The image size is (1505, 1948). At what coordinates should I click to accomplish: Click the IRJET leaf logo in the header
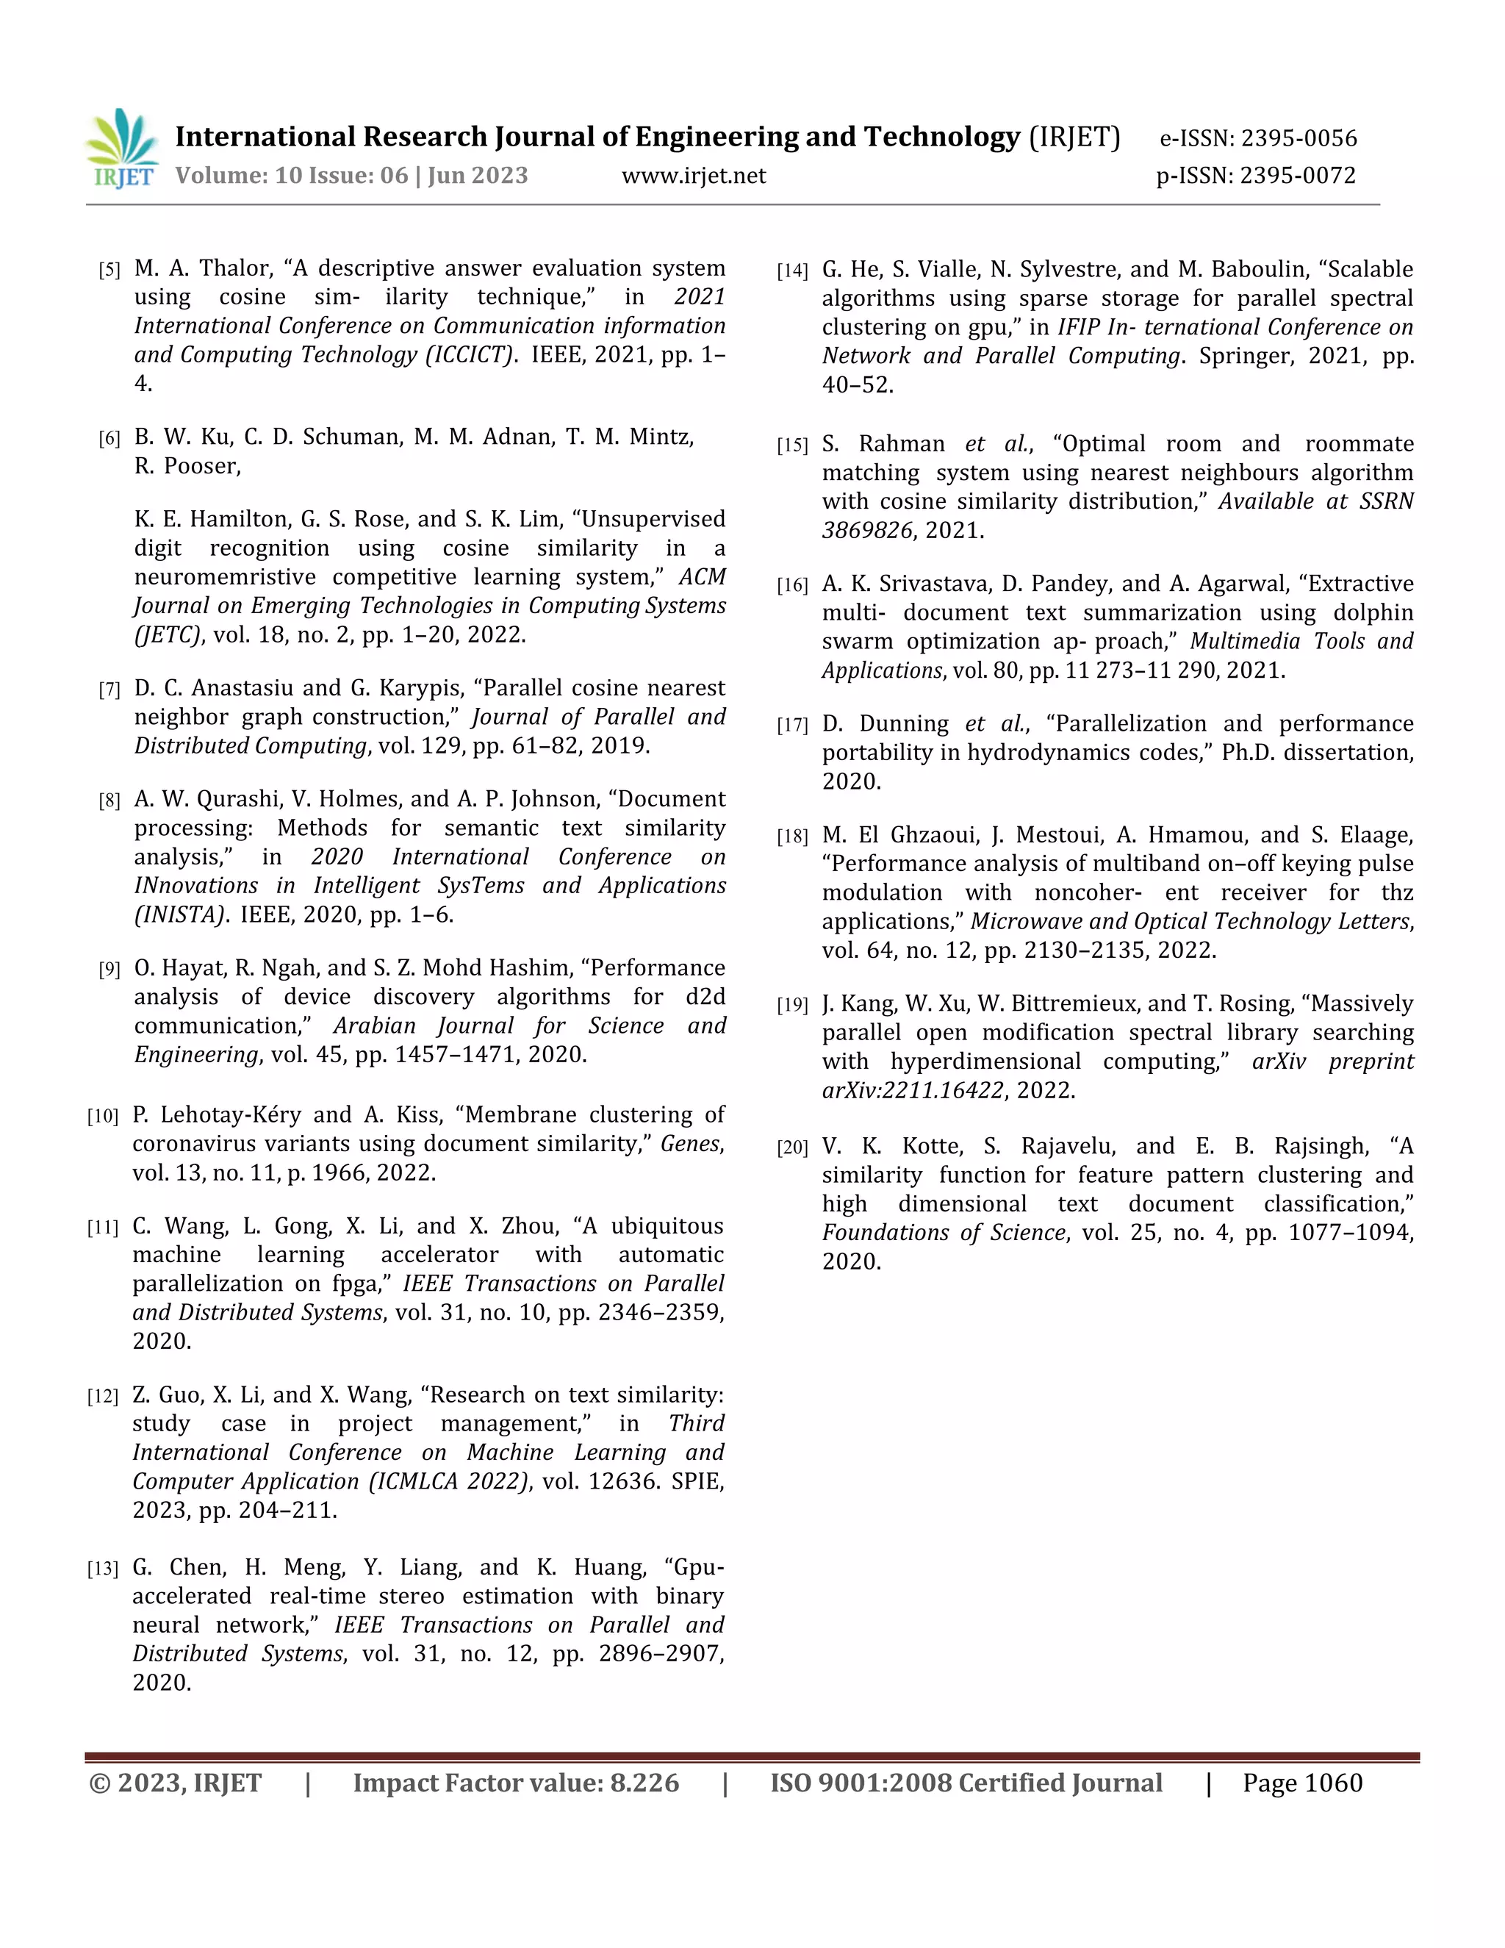click(x=122, y=148)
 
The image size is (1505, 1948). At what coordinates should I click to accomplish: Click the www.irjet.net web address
click(x=694, y=176)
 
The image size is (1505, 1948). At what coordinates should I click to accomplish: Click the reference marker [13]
click(x=103, y=1569)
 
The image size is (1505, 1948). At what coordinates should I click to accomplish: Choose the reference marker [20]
click(x=791, y=1148)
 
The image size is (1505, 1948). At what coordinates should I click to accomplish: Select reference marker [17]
click(x=791, y=725)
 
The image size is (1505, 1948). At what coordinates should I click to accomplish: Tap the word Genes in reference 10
click(x=691, y=1144)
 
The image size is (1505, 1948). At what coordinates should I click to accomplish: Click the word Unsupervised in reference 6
click(x=655, y=519)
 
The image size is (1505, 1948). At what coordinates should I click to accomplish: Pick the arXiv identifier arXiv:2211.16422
click(x=913, y=1090)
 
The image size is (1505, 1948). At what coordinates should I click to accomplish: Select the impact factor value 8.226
click(x=644, y=1783)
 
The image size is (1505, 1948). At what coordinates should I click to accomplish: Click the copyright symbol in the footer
click(x=100, y=1783)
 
